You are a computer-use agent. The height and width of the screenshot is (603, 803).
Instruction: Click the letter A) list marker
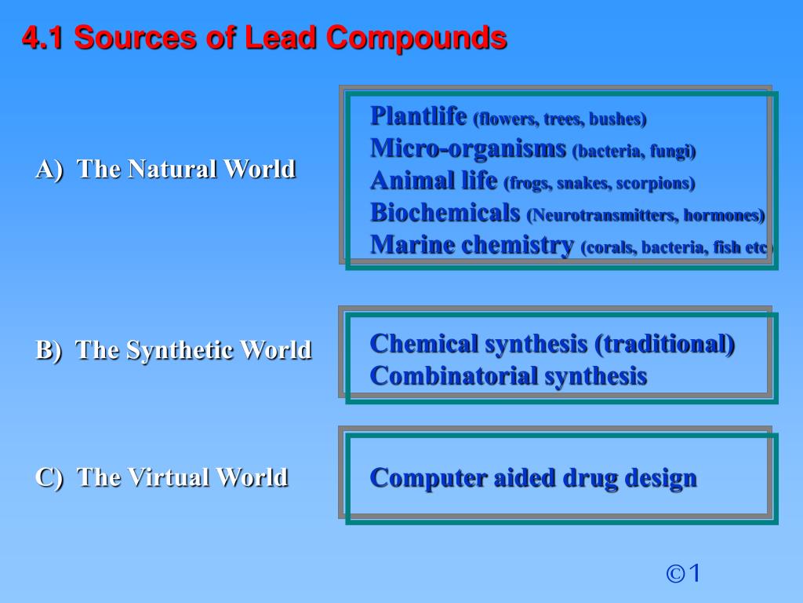click(x=48, y=169)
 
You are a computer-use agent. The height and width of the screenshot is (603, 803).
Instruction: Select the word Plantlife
click(x=419, y=116)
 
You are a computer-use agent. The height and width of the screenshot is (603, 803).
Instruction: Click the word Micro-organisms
click(x=468, y=148)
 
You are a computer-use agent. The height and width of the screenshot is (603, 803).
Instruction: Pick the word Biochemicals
click(x=445, y=212)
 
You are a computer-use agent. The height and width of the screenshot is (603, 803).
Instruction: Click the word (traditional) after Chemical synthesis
click(x=665, y=344)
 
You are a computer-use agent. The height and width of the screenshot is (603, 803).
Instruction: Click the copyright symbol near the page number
click(x=675, y=574)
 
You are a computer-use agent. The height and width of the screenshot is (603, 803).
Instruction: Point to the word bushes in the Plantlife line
click(x=619, y=119)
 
